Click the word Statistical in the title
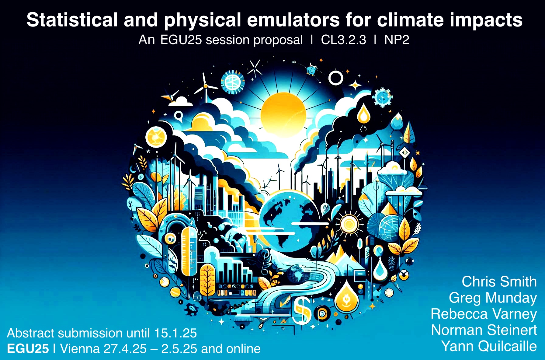coord(72,20)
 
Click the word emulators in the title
coord(293,20)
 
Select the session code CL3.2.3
coord(343,40)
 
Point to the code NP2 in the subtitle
coord(397,40)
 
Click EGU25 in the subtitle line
coord(181,40)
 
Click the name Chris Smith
coord(499,281)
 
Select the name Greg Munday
coord(493,298)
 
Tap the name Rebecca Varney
coord(484,314)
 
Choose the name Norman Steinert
coord(484,330)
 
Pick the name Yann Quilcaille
coord(489,346)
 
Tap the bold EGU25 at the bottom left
coord(28,349)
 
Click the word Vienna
coord(80,349)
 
